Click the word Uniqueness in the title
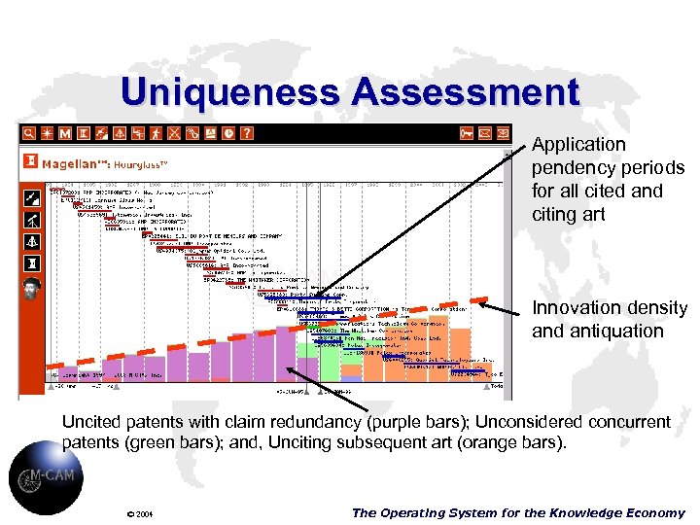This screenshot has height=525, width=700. pos(231,92)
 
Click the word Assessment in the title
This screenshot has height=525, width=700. pos(467,92)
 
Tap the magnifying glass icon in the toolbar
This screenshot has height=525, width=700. pos(29,132)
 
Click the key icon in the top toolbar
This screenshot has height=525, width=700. pos(468,132)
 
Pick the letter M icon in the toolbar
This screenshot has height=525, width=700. pos(65,132)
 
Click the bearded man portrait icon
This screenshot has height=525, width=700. pos(31,290)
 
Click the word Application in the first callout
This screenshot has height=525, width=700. pos(578,145)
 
